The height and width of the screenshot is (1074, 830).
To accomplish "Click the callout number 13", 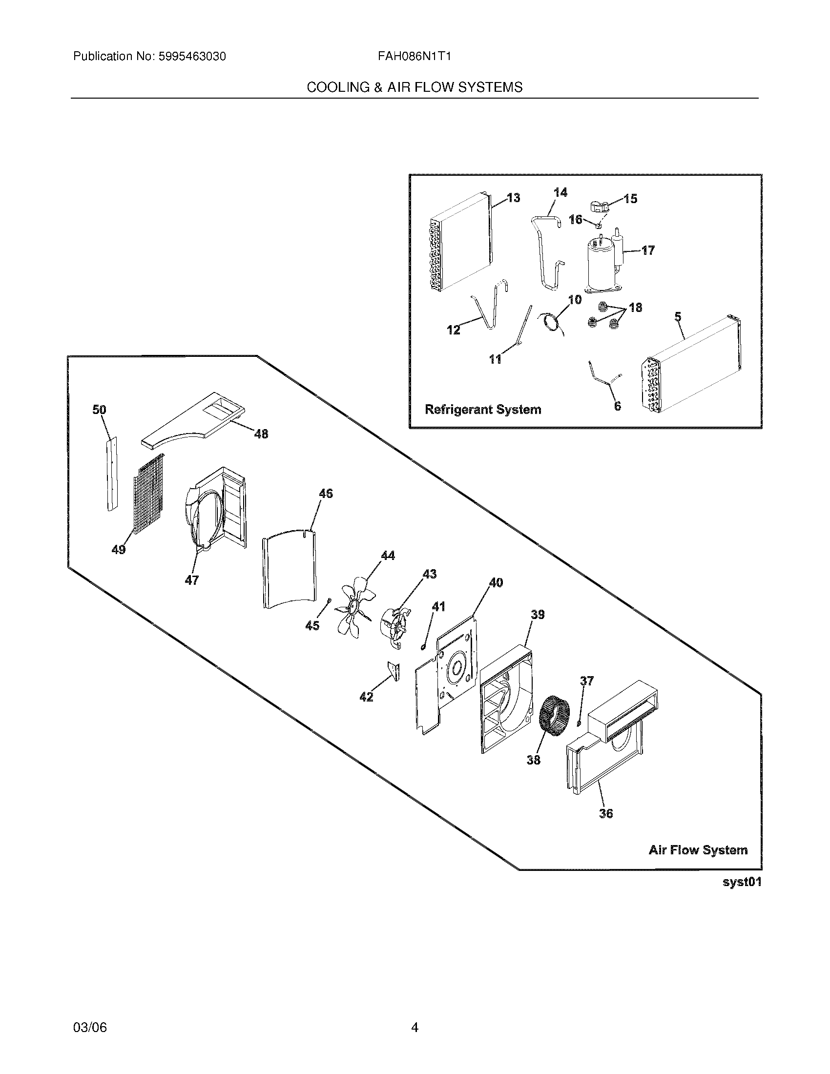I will (513, 198).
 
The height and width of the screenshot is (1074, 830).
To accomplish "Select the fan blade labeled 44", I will (354, 604).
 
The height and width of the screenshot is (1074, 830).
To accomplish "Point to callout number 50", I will (99, 409).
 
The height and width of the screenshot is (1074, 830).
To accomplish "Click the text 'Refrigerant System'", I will (482, 409).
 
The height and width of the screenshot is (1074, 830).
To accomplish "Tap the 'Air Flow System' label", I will (698, 850).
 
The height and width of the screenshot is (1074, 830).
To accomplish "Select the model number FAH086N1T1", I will (414, 56).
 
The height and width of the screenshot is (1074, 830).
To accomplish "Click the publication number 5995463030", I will (192, 56).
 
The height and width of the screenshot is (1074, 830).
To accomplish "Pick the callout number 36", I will (606, 813).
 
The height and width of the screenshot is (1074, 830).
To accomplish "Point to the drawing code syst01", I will (742, 882).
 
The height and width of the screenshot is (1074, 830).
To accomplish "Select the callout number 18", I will (635, 308).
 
